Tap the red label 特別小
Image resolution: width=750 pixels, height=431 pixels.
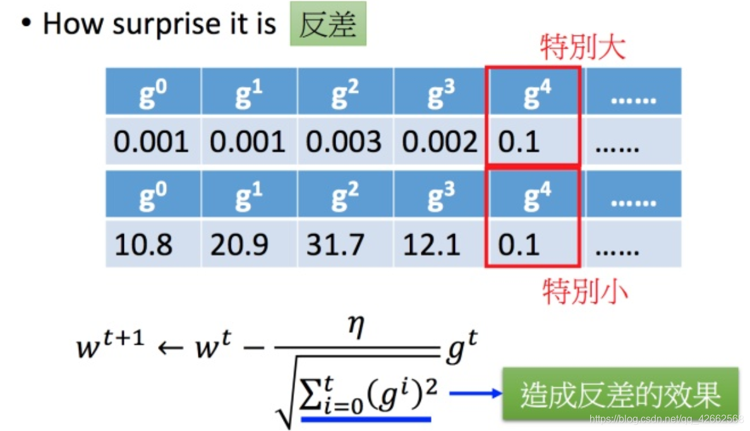tap(584, 291)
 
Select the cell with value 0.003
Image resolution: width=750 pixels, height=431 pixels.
tap(344, 142)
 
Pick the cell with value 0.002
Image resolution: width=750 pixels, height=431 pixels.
tap(440, 142)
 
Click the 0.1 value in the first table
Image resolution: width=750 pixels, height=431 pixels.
tap(519, 142)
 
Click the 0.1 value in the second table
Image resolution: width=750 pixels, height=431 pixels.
tap(519, 244)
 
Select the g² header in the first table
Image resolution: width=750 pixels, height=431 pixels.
tap(345, 93)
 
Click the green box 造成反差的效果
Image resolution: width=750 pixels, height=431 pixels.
tap(620, 395)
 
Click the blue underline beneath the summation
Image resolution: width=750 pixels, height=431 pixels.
tap(366, 418)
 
